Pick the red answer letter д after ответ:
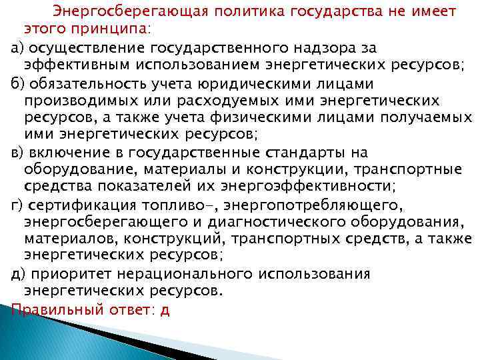[x=165, y=309]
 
